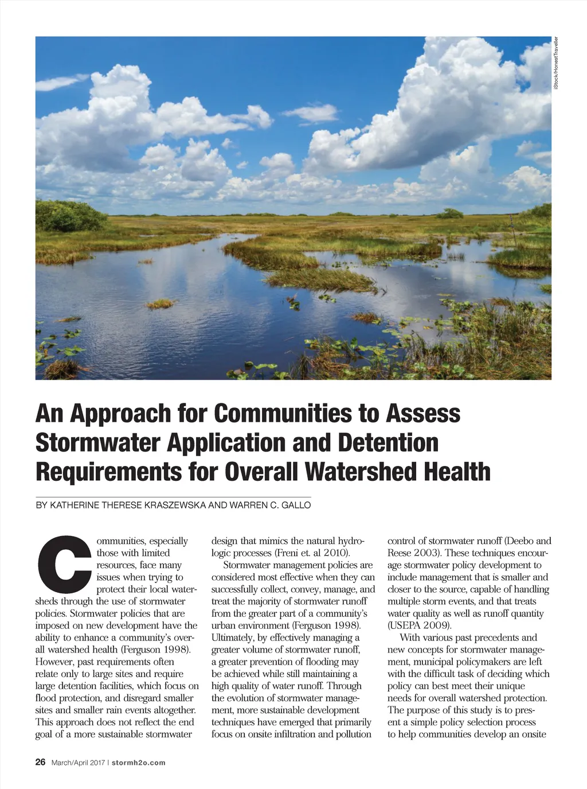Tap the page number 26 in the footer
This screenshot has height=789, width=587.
[41, 762]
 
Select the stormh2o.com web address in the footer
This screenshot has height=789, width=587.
[139, 763]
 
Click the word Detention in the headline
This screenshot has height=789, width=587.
[388, 442]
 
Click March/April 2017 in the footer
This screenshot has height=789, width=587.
[78, 763]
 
